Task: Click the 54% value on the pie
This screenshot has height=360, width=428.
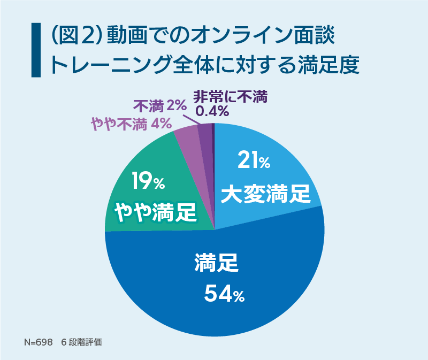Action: pyautogui.click(x=224, y=294)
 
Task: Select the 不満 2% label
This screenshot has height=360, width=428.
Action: pyautogui.click(x=159, y=105)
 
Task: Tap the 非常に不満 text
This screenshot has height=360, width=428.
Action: pyautogui.click(x=230, y=96)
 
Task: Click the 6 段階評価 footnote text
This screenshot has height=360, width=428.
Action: pyautogui.click(x=81, y=342)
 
